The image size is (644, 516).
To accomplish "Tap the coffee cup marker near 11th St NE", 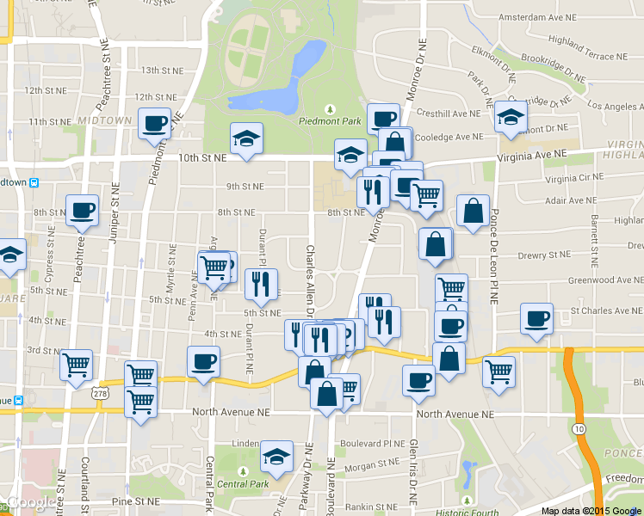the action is (154, 123).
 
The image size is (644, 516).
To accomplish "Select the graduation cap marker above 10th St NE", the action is (246, 138).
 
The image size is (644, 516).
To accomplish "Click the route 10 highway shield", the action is (576, 428).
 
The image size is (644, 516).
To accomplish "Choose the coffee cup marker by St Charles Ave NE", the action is (536, 319).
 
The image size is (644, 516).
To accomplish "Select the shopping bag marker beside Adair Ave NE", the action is (473, 211).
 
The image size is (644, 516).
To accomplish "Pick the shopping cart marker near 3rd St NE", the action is (77, 365).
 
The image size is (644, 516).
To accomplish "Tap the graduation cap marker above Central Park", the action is (276, 457).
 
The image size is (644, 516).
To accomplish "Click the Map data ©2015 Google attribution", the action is (591, 511).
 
